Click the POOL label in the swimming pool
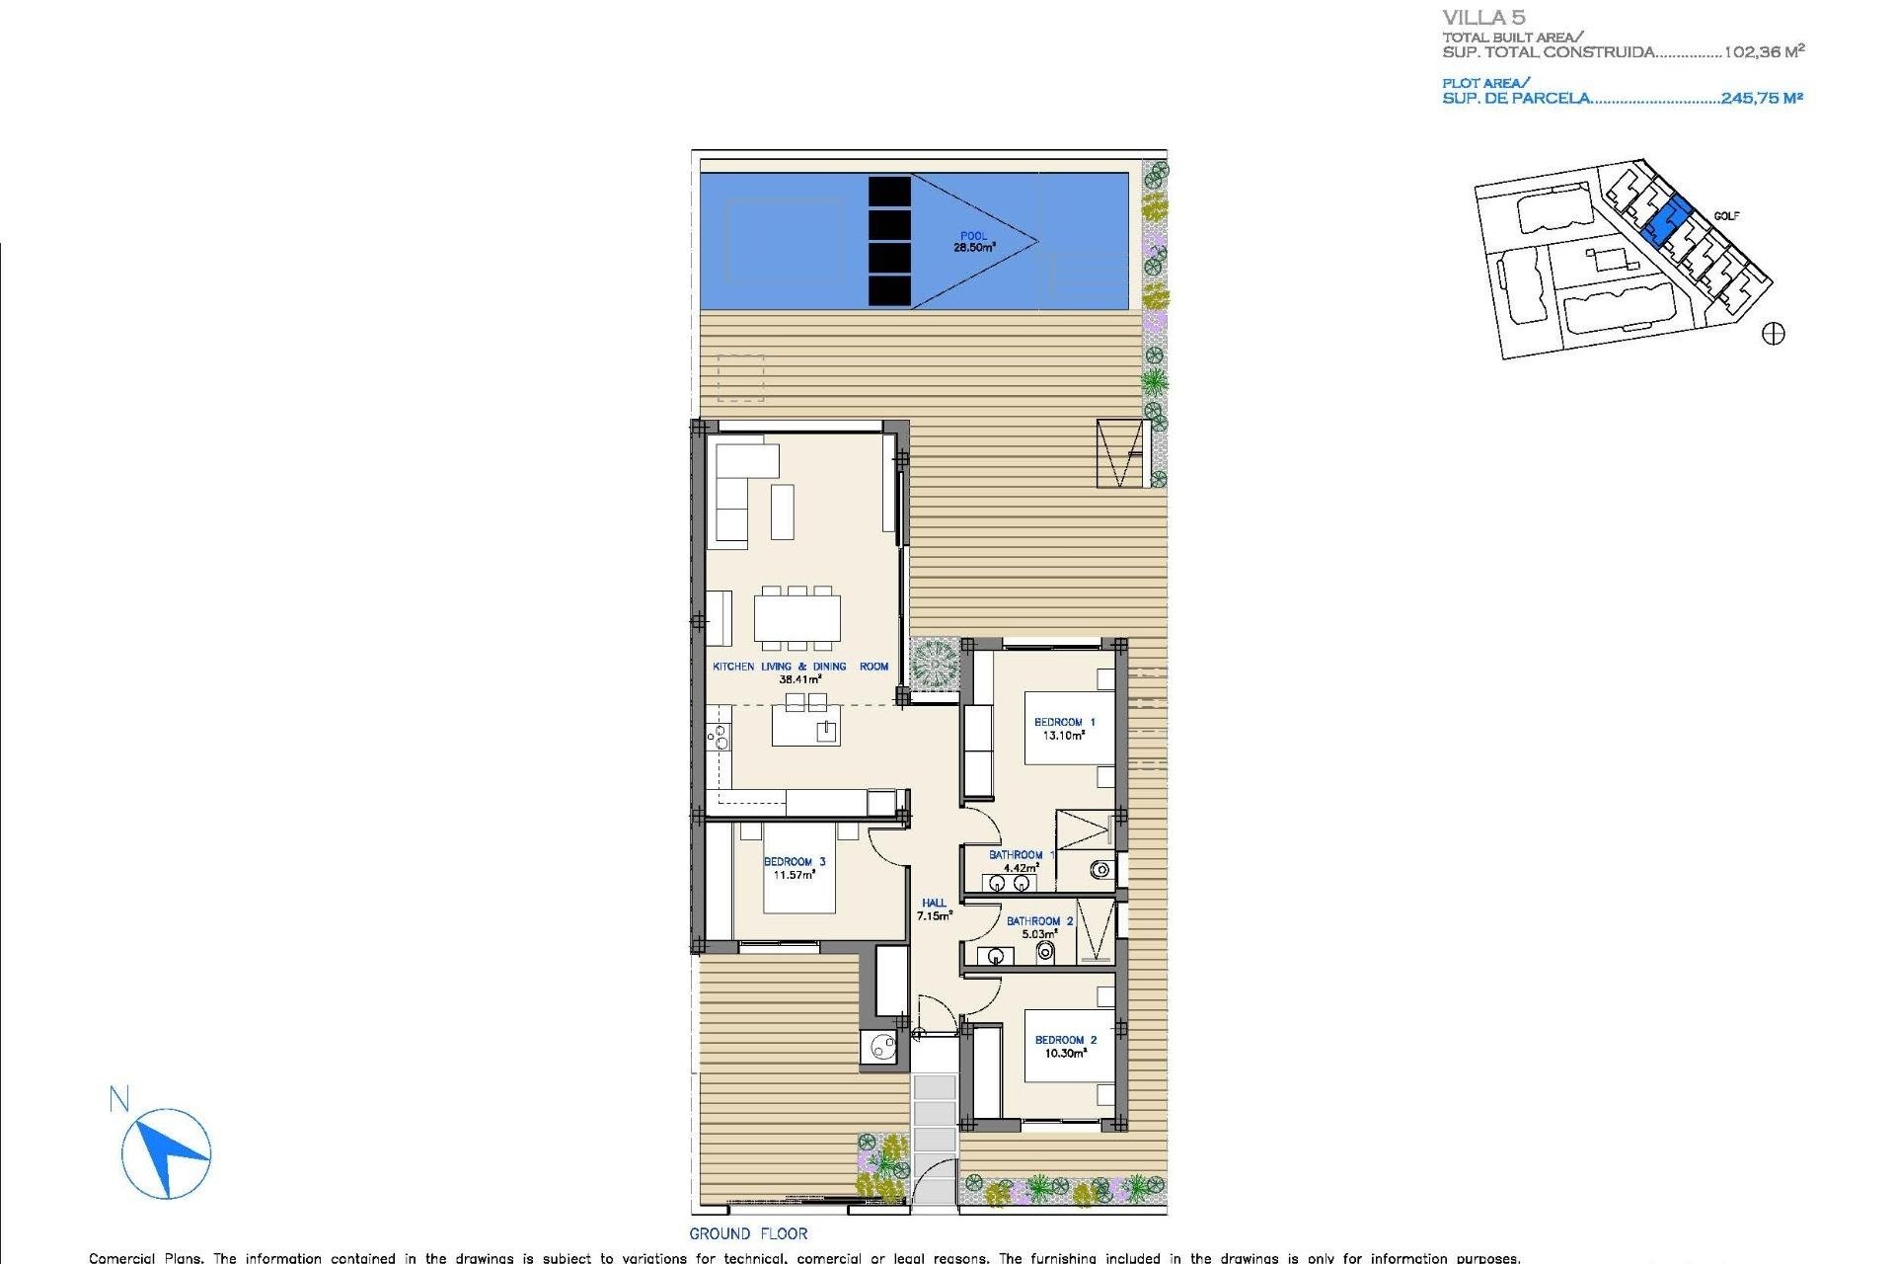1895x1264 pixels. pyautogui.click(x=973, y=236)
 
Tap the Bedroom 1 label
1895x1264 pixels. pyautogui.click(x=1064, y=722)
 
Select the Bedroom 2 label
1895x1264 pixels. pyautogui.click(x=1065, y=1040)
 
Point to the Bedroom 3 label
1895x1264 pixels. pyautogui.click(x=795, y=862)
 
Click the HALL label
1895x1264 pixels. pyautogui.click(x=934, y=903)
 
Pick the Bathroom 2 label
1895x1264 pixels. pyautogui.click(x=1039, y=921)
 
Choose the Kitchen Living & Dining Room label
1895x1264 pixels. pyautogui.click(x=800, y=667)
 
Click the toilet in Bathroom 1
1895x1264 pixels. pyautogui.click(x=1099, y=870)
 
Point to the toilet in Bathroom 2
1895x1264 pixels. pyautogui.click(x=1045, y=953)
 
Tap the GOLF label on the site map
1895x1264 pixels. pyautogui.click(x=1726, y=216)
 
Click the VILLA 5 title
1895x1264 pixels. pyautogui.click(x=1483, y=18)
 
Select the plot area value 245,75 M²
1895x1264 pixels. pyautogui.click(x=1762, y=98)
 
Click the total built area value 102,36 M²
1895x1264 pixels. pyautogui.click(x=1764, y=52)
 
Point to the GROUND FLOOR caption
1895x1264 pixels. pyautogui.click(x=748, y=1233)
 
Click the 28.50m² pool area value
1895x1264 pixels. pyautogui.click(x=973, y=248)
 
